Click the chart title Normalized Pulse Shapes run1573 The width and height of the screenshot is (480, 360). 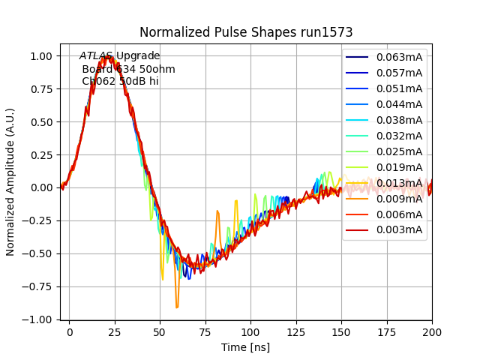pyautogui.click(x=246, y=32)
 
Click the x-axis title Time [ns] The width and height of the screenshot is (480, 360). pyautogui.click(x=246, y=347)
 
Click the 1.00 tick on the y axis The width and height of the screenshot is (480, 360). pyautogui.click(x=40, y=56)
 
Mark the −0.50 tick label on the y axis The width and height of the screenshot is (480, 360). pyautogui.click(x=37, y=253)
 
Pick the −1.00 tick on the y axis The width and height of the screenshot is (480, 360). pyautogui.click(x=37, y=319)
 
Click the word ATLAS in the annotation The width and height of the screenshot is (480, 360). pyautogui.click(x=96, y=56)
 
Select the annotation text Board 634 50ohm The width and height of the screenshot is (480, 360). pyautogui.click(x=128, y=69)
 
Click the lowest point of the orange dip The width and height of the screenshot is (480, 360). pyautogui.click(x=177, y=307)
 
